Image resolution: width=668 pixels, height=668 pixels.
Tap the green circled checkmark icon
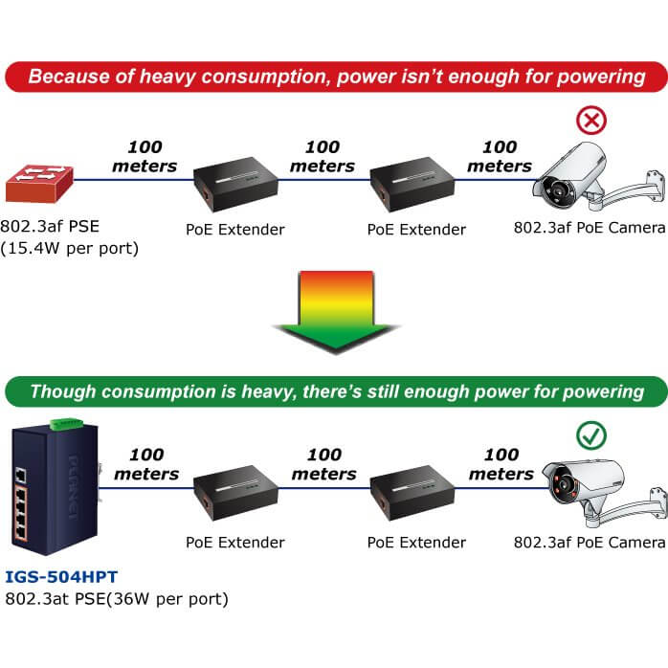coord(590,435)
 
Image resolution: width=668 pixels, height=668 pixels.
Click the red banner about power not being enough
coord(334,76)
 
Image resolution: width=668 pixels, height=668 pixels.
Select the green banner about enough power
coord(334,390)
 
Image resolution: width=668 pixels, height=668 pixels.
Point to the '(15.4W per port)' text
coord(71,249)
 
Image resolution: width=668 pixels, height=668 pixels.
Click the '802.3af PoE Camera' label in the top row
coord(589,228)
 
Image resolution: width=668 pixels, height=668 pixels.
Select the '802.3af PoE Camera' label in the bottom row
coord(589,543)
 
